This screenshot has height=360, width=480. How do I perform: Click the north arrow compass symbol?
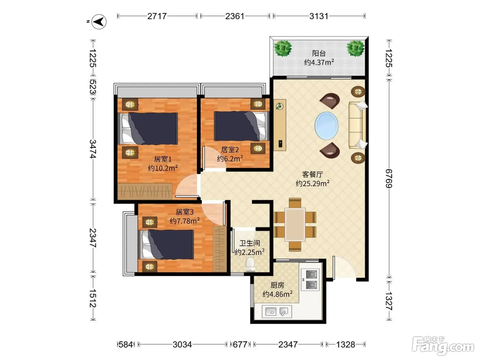(x=99, y=22)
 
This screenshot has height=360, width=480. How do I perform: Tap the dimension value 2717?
(x=157, y=16)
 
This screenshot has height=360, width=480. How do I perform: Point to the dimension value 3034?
(x=182, y=345)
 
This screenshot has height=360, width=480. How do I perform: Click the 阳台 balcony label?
(x=319, y=53)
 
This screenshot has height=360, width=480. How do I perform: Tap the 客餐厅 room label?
(x=312, y=174)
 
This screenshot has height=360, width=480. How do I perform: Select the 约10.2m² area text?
(x=163, y=168)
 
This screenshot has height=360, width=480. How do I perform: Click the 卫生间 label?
(x=250, y=243)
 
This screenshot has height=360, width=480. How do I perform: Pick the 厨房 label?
(x=277, y=285)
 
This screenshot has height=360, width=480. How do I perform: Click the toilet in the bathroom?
(x=250, y=265)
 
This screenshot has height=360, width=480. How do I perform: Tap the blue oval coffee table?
(x=326, y=126)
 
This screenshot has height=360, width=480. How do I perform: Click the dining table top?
(x=295, y=225)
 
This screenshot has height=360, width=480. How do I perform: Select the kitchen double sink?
(x=277, y=312)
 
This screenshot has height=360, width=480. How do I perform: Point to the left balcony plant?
(x=283, y=48)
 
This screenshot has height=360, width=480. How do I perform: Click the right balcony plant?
(x=355, y=48)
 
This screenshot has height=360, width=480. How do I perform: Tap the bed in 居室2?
(x=242, y=126)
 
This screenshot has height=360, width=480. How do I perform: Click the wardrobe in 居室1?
(x=145, y=191)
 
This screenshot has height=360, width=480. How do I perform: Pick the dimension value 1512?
(x=93, y=298)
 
